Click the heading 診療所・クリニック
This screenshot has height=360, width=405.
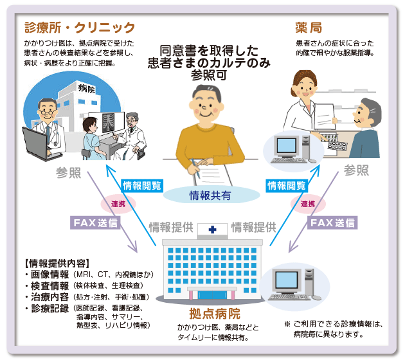(x=80, y=28)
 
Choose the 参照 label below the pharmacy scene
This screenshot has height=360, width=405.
(x=356, y=170)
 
